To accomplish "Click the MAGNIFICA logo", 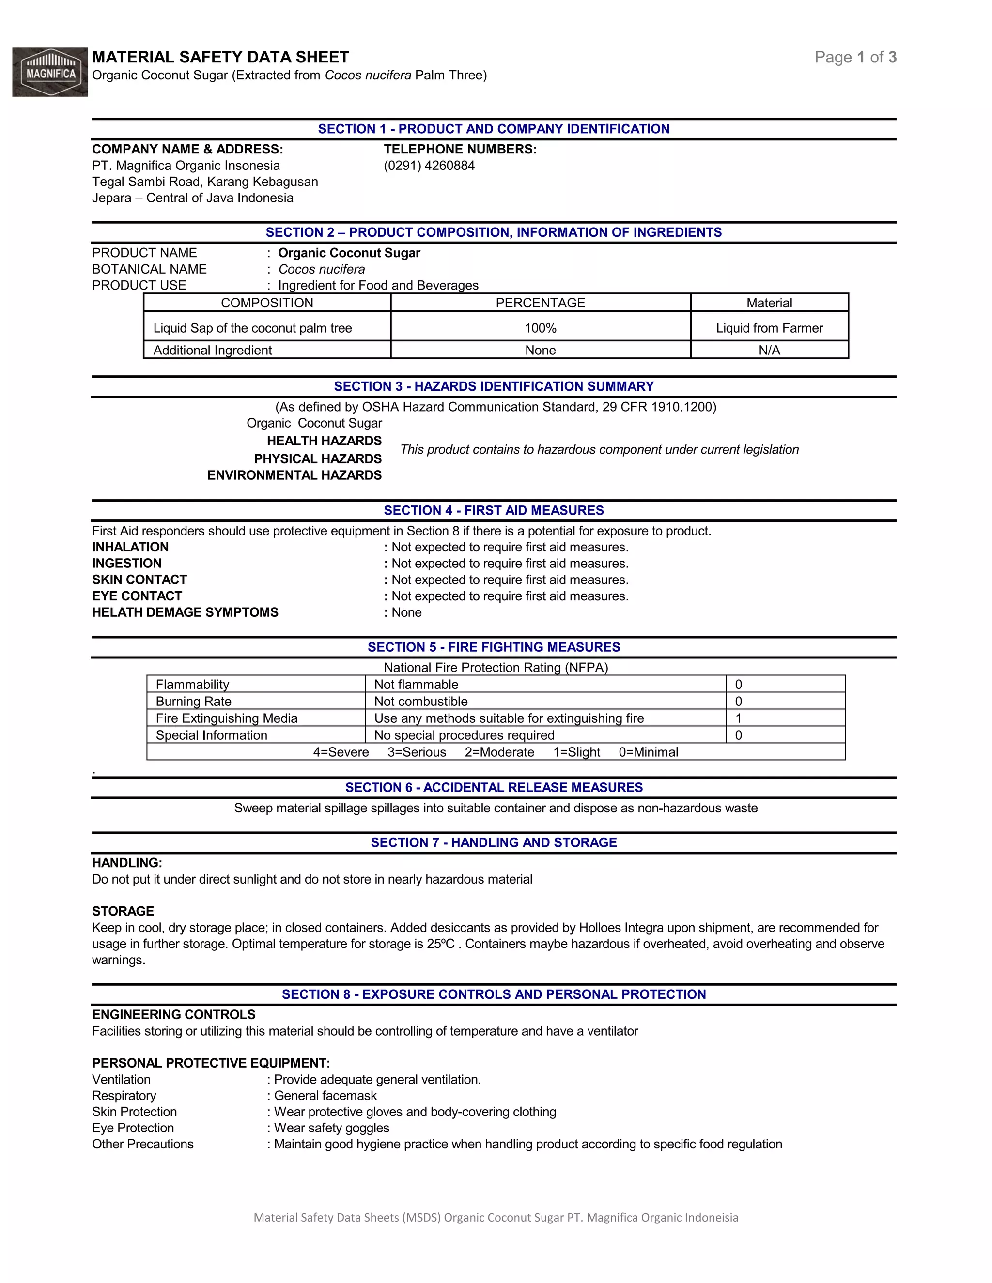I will tap(50, 72).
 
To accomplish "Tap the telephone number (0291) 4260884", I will tap(429, 166).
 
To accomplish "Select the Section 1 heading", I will tap(494, 129).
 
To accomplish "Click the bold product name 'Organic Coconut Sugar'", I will tap(349, 253).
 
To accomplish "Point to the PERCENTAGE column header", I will tap(540, 303).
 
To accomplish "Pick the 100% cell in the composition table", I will tap(540, 328).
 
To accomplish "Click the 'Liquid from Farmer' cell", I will tap(769, 328).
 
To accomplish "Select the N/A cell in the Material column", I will tap(769, 351).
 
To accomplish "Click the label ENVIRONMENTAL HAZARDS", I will tap(294, 475).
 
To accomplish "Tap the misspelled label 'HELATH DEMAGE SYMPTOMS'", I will tap(185, 613).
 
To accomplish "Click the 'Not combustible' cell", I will tap(421, 702).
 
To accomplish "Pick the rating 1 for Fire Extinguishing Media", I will tap(739, 718).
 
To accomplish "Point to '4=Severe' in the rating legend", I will tap(341, 752).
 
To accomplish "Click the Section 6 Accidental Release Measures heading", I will tap(494, 788).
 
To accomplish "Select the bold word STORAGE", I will tap(123, 911).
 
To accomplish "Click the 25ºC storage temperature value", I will tap(441, 944).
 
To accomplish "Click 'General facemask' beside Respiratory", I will tap(325, 1096).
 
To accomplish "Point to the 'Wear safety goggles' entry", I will tap(331, 1128).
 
